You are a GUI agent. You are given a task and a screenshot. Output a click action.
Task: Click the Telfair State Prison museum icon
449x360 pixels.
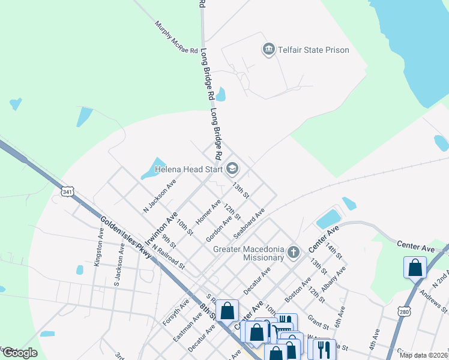pyautogui.click(x=268, y=49)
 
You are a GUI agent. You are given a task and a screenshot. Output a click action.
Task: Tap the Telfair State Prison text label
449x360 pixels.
pyautogui.click(x=313, y=50)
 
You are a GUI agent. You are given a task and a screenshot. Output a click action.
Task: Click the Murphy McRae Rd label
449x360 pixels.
pyautogui.click(x=176, y=38)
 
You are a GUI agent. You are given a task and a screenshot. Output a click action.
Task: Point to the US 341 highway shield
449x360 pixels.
pyautogui.click(x=67, y=191)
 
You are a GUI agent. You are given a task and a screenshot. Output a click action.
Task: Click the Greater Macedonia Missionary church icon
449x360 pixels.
pyautogui.click(x=293, y=251)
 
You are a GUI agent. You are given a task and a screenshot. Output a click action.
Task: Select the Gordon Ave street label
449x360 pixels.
pyautogui.click(x=219, y=229)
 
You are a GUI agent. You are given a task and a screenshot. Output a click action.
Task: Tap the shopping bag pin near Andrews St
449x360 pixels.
pyautogui.click(x=415, y=267)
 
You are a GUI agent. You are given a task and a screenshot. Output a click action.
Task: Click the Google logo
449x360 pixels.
pyautogui.click(x=20, y=353)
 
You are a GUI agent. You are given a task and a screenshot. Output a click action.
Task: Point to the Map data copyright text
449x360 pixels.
pyautogui.click(x=423, y=355)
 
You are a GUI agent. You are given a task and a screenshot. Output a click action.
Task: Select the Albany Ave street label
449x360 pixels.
pyautogui.click(x=333, y=280)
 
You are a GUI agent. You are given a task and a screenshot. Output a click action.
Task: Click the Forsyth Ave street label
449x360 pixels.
pyautogui.click(x=176, y=312)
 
